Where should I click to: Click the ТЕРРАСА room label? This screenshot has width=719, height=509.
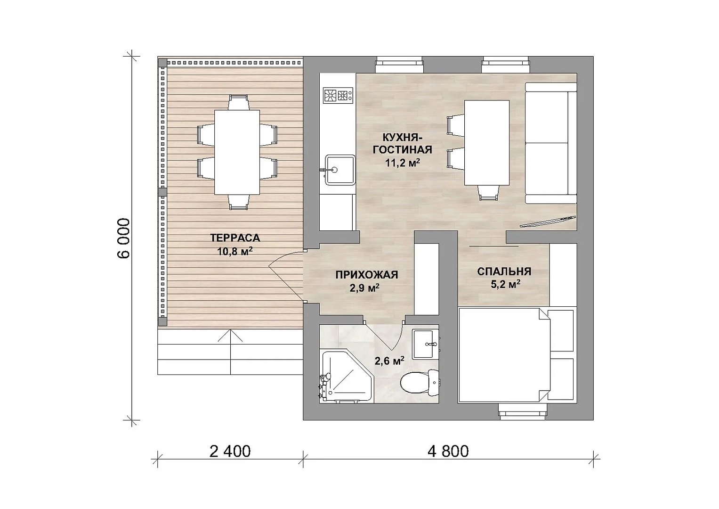click(235, 238)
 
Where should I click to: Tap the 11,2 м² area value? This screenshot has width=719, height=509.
click(403, 163)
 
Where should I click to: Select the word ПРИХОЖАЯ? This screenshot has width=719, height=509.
click(366, 275)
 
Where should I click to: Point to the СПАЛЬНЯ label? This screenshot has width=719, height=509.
click(504, 271)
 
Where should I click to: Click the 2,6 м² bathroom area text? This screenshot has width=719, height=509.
click(390, 361)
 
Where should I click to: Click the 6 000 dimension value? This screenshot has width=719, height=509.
click(124, 238)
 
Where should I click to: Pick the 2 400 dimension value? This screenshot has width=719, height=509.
click(230, 452)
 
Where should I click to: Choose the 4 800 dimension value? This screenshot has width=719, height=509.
click(448, 452)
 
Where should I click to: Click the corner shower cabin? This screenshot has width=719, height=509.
click(346, 378)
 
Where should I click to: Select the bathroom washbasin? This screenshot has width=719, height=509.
click(426, 344)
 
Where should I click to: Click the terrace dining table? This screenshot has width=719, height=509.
click(237, 152)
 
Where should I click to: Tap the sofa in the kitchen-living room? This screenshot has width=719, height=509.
click(551, 143)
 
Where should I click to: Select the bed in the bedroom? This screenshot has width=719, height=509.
click(504, 355)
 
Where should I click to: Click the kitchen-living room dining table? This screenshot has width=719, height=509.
click(487, 143)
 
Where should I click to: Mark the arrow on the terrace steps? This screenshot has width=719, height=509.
click(230, 336)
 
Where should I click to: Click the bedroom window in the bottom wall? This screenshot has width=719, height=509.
click(522, 411)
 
